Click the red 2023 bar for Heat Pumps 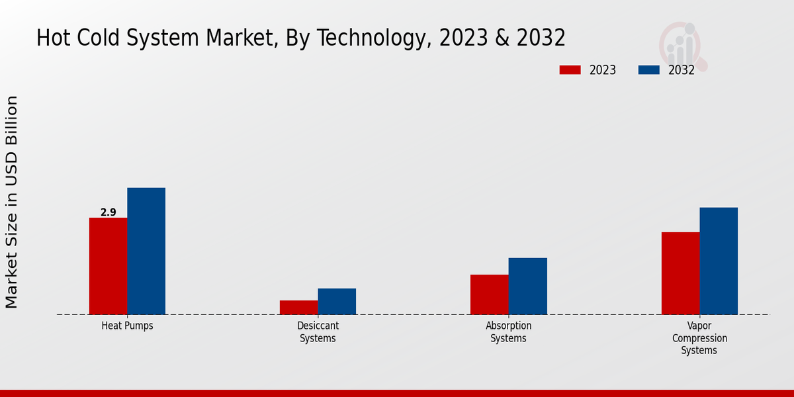tap(108, 266)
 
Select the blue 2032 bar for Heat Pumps tap(146, 251)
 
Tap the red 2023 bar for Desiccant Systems tap(298, 308)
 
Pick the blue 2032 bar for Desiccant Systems tap(337, 302)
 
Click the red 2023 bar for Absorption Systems tap(490, 294)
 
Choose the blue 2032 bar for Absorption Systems tap(528, 286)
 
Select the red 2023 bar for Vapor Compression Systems tap(680, 273)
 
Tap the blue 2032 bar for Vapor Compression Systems tap(719, 261)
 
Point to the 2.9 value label tap(108, 212)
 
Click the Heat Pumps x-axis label tap(127, 326)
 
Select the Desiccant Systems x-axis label tap(318, 332)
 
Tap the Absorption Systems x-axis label tap(509, 332)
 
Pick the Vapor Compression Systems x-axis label tap(699, 338)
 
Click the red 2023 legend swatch tap(570, 70)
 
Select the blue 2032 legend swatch tap(648, 70)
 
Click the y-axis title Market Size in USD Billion tap(12, 202)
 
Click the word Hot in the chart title tap(52, 38)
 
